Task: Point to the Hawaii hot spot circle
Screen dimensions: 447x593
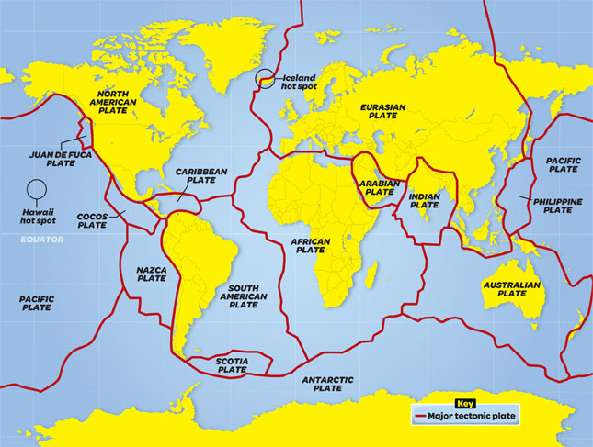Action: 37,190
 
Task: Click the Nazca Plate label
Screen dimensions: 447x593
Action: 151,275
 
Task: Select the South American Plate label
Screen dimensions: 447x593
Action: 244,296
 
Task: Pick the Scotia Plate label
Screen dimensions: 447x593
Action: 232,366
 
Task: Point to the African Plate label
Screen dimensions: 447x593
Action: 311,244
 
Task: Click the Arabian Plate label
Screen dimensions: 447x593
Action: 379,187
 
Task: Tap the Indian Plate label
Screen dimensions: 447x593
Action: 425,200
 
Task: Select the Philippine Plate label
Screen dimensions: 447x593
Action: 557,205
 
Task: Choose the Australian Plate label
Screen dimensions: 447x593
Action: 512,289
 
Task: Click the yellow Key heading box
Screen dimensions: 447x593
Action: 464,403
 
